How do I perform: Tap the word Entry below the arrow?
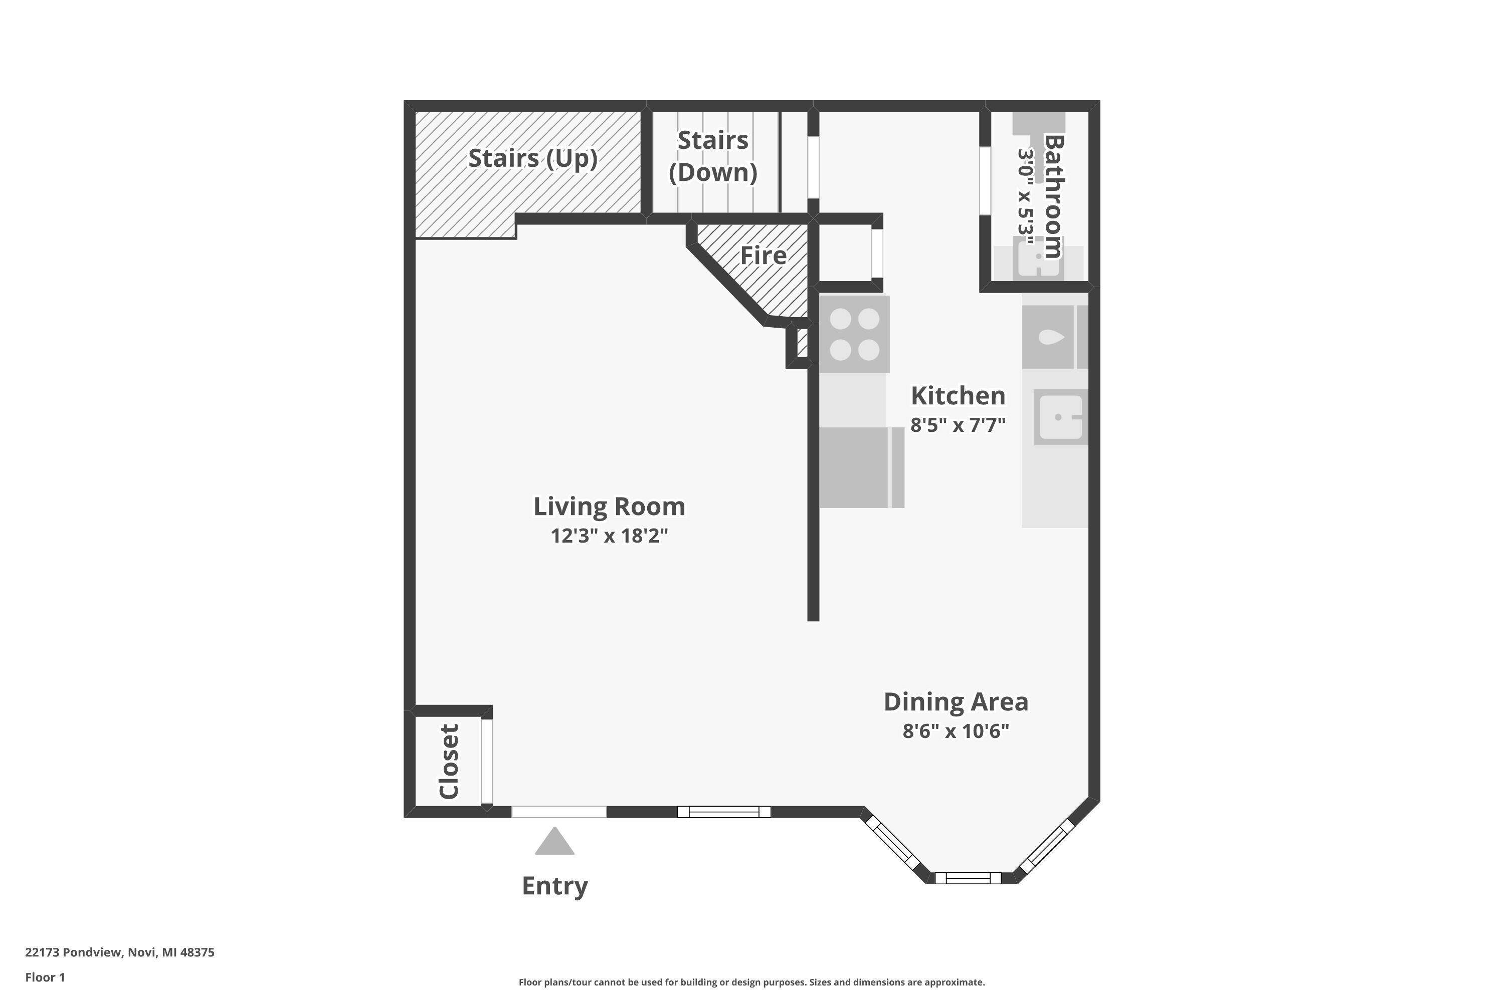pyautogui.click(x=554, y=886)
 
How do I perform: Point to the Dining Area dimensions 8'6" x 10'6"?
pyautogui.click(x=956, y=731)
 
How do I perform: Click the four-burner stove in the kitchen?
pyautogui.click(x=854, y=334)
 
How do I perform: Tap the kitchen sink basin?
pyautogui.click(x=1060, y=417)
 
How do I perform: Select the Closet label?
pyautogui.click(x=449, y=761)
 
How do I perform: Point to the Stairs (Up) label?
pyautogui.click(x=532, y=158)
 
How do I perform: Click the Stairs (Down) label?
pyautogui.click(x=712, y=156)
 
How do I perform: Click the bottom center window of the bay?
pyautogui.click(x=968, y=878)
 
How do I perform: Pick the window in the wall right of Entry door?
pyautogui.click(x=724, y=812)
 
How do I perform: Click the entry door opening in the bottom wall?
pyautogui.click(x=558, y=812)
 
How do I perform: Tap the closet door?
pyautogui.click(x=487, y=761)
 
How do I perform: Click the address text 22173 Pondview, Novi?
pyautogui.click(x=120, y=952)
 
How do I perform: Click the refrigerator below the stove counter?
pyautogui.click(x=860, y=468)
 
